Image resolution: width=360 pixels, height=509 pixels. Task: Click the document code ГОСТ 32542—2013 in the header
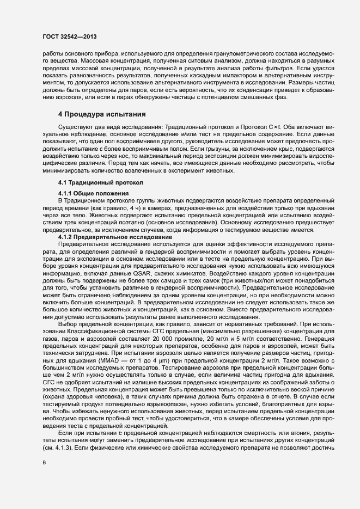pyautogui.click(x=68, y=38)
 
